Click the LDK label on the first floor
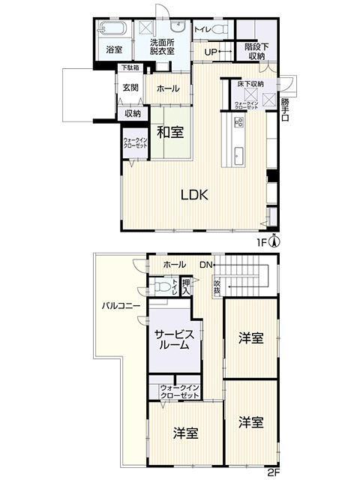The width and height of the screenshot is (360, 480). [193, 193]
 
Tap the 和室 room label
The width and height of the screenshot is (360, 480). [170, 133]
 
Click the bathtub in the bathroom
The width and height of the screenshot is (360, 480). [114, 31]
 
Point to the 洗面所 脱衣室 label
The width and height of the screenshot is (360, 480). [161, 46]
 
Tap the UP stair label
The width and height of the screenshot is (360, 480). [210, 52]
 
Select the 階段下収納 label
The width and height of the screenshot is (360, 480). [256, 51]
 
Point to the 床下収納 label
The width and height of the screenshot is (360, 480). [246, 84]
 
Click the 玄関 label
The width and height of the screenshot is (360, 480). [130, 88]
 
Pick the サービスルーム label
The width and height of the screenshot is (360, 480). [175, 342]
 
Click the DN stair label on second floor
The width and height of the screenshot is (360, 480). [205, 264]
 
